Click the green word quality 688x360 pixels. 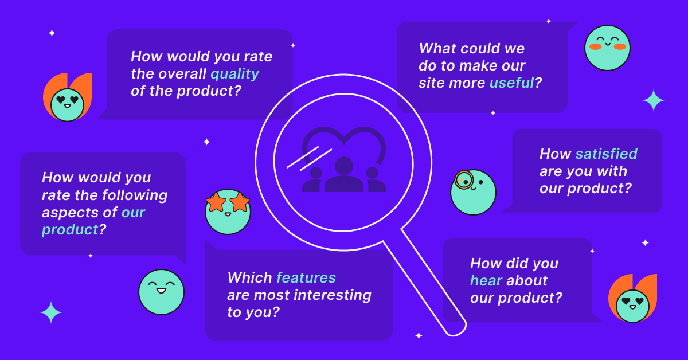pyautogui.click(x=234, y=75)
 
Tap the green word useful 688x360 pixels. pyautogui.click(x=511, y=83)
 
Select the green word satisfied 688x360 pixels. pyautogui.click(x=607, y=154)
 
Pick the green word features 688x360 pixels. pyautogui.click(x=306, y=277)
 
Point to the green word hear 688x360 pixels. pyautogui.click(x=486, y=280)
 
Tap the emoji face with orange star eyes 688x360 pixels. pyautogui.click(x=228, y=212)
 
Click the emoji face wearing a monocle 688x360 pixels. pyautogui.click(x=473, y=192)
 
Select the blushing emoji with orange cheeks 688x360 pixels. pyautogui.click(x=607, y=48)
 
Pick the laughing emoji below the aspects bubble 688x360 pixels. pyautogui.click(x=161, y=292)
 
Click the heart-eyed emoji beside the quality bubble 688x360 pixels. pyautogui.click(x=67, y=105)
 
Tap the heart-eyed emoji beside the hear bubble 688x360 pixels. pyautogui.click(x=632, y=306)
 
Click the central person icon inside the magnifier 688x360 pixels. pyautogui.click(x=343, y=174)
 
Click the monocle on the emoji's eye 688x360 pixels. pyautogui.click(x=464, y=180)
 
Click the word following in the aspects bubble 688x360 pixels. pyautogui.click(x=135, y=195)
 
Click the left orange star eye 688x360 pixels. pyautogui.click(x=216, y=202)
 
